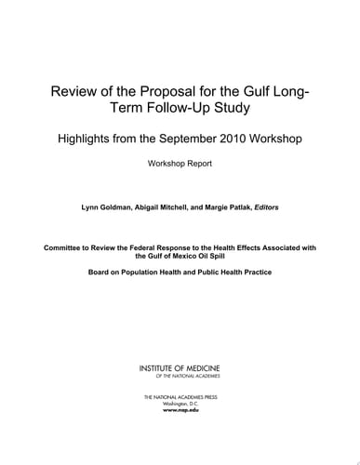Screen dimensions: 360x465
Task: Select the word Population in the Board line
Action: [140, 273]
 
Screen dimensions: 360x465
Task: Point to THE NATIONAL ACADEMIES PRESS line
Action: [180, 396]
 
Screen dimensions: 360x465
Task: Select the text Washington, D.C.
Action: [180, 403]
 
